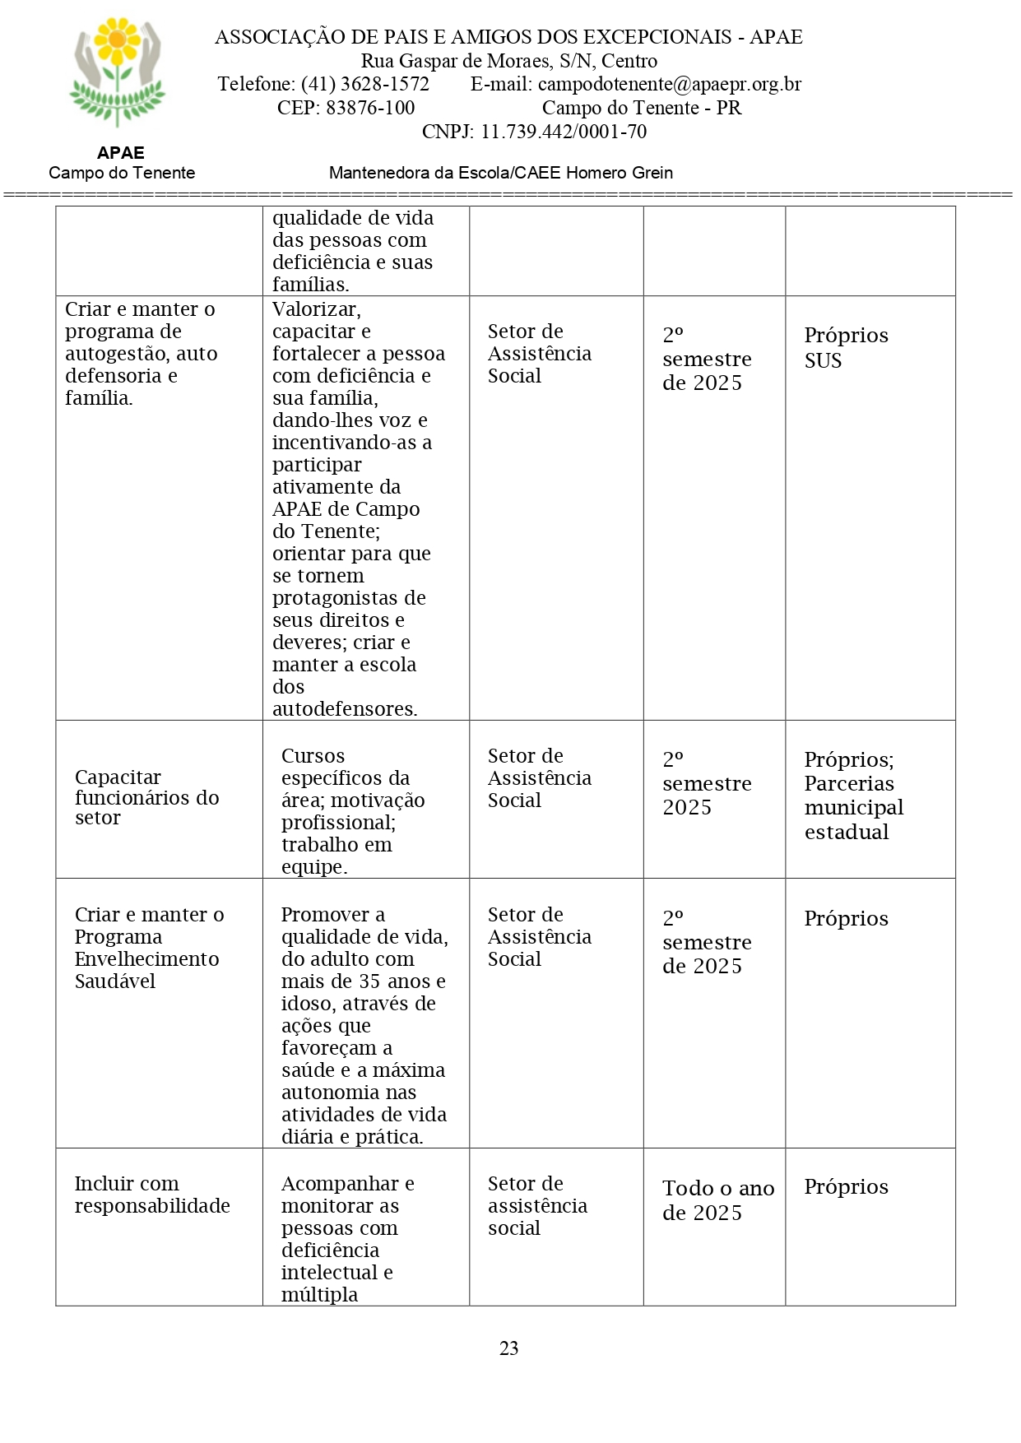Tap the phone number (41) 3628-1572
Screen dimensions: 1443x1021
pyautogui.click(x=364, y=84)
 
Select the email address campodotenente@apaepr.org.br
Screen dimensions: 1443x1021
pyautogui.click(x=669, y=84)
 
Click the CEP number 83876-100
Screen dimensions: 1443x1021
pyautogui.click(x=370, y=108)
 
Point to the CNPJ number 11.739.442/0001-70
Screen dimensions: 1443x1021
pyautogui.click(x=564, y=132)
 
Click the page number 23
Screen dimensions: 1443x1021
pyautogui.click(x=508, y=1348)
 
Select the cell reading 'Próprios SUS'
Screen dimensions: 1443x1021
pyautogui.click(x=846, y=347)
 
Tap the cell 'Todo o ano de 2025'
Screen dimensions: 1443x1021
pyautogui.click(x=717, y=1199)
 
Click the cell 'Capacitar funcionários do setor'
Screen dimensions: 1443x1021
pyautogui.click(x=146, y=797)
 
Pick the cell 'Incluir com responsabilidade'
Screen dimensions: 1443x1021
pyautogui.click(x=152, y=1195)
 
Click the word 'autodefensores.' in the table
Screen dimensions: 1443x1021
pyautogui.click(x=345, y=708)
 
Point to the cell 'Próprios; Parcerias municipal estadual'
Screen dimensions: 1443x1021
pyautogui.click(x=853, y=795)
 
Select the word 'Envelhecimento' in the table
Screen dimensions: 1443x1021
pyautogui.click(x=146, y=958)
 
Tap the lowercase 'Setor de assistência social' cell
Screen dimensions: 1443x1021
pyautogui.click(x=536, y=1205)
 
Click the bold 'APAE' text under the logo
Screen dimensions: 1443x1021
pyautogui.click(x=120, y=153)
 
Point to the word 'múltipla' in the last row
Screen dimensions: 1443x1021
pyautogui.click(x=319, y=1294)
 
